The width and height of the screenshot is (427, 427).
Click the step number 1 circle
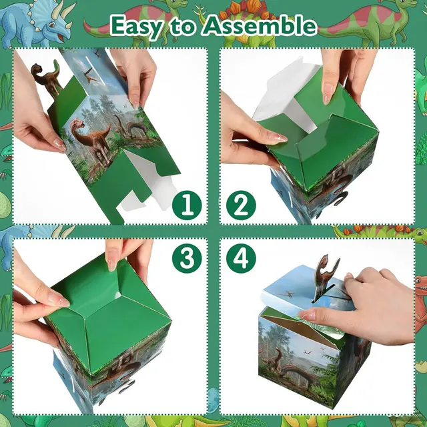pyautogui.click(x=187, y=205)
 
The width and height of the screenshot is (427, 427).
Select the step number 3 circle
pyautogui.click(x=187, y=258)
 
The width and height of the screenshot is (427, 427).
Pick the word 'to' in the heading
pyautogui.click(x=191, y=26)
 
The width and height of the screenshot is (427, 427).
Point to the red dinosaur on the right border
pyautogui.click(x=420, y=294)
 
